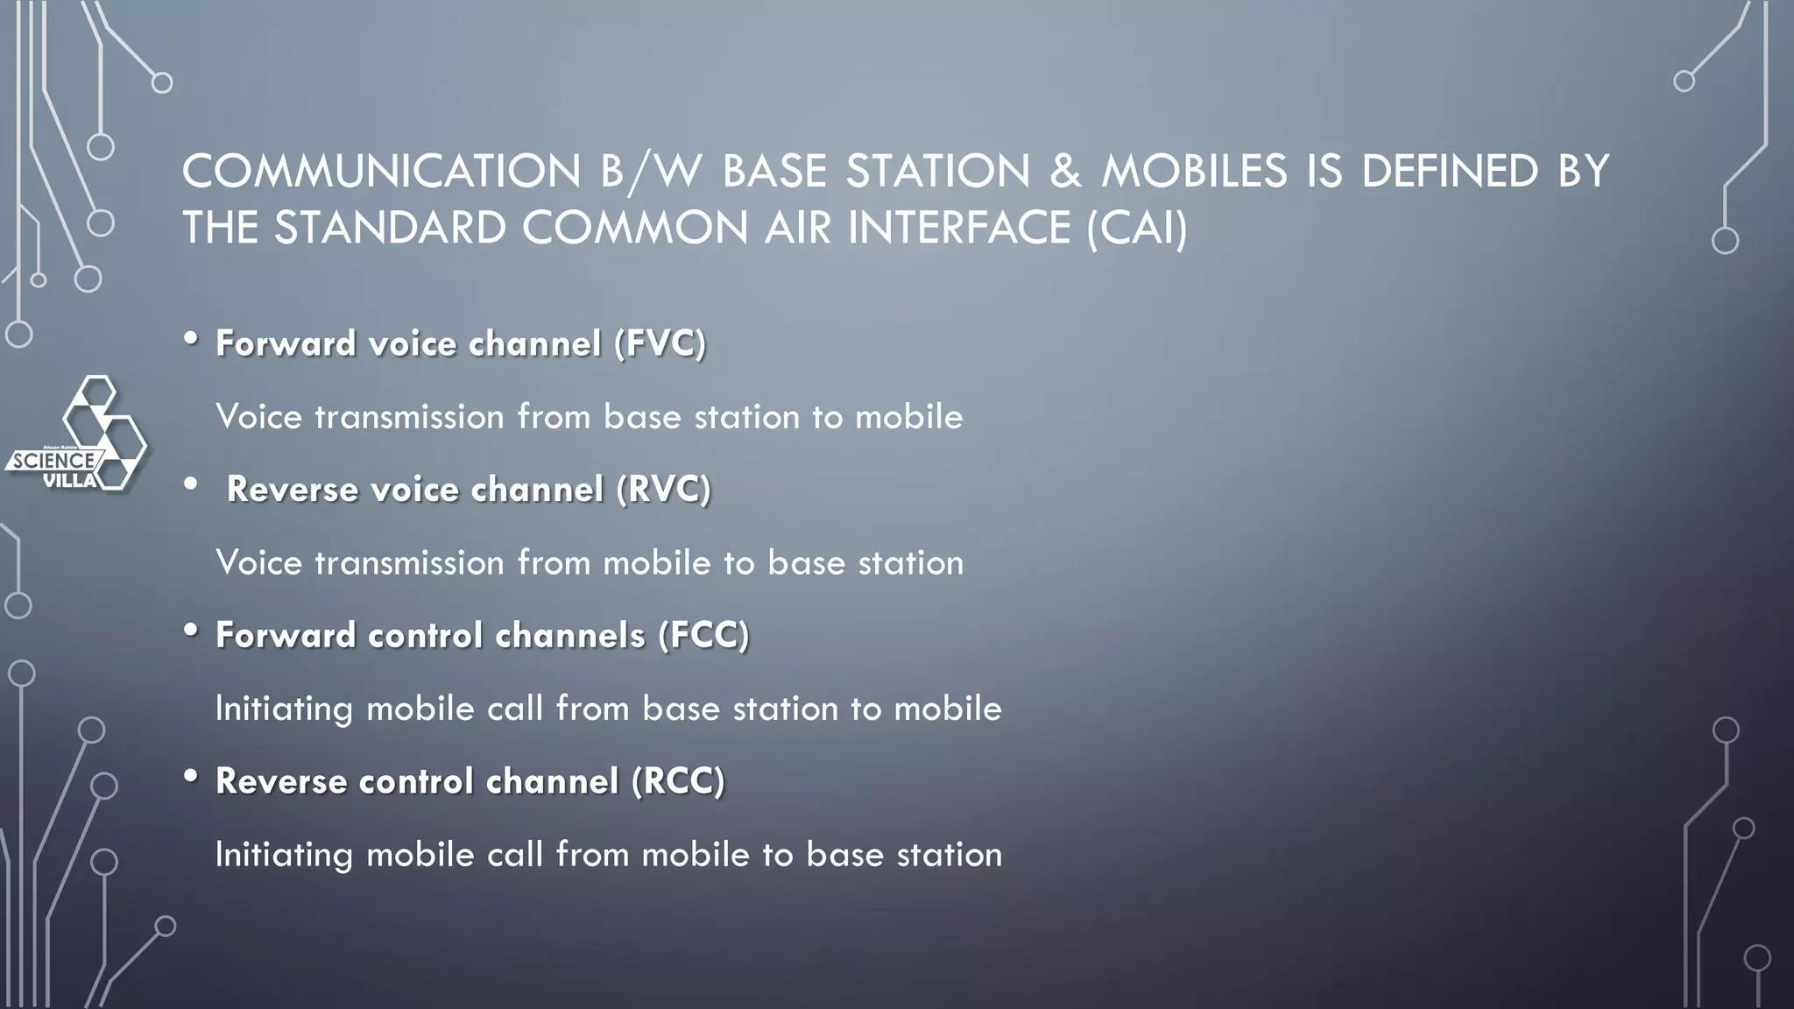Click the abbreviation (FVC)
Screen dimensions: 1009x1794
[660, 343]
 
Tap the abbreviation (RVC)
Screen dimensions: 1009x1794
[663, 490]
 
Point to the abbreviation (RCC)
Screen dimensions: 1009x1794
[678, 781]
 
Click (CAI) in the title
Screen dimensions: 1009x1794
[1137, 228]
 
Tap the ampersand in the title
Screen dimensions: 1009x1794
[1065, 171]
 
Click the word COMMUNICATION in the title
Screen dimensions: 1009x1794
[381, 171]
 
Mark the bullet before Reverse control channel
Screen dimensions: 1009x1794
[192, 777]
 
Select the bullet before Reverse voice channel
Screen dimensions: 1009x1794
[192, 485]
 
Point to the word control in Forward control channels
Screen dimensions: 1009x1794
[425, 635]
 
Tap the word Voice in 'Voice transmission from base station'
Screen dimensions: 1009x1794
[259, 417]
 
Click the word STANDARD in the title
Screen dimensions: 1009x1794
[391, 228]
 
